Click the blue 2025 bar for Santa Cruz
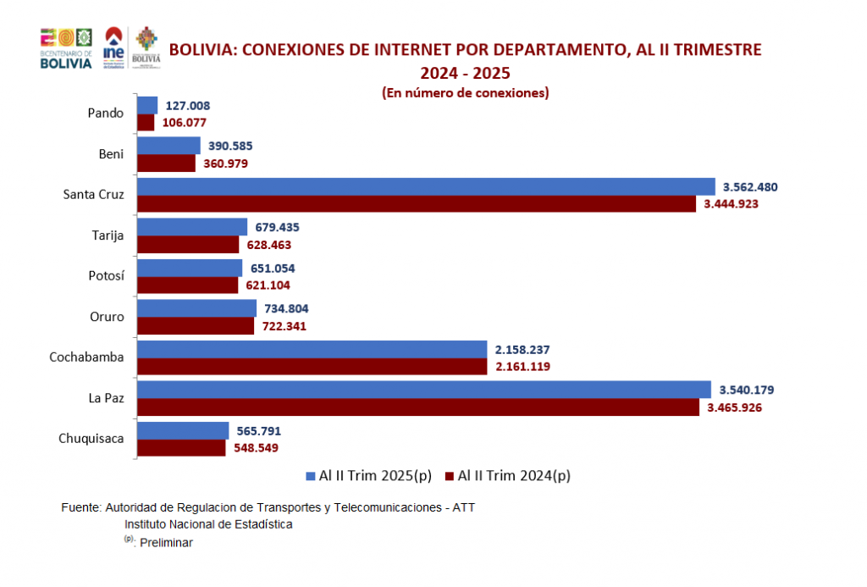click(x=423, y=186)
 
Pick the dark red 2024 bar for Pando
click(x=146, y=123)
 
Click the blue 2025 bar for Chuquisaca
click(x=183, y=430)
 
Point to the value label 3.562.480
click(x=750, y=186)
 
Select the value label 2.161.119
click(x=521, y=367)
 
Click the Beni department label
click(x=111, y=154)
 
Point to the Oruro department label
click(x=106, y=317)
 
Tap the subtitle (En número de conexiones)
click(x=465, y=93)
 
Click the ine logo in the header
click(x=113, y=48)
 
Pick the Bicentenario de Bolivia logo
click(x=66, y=49)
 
